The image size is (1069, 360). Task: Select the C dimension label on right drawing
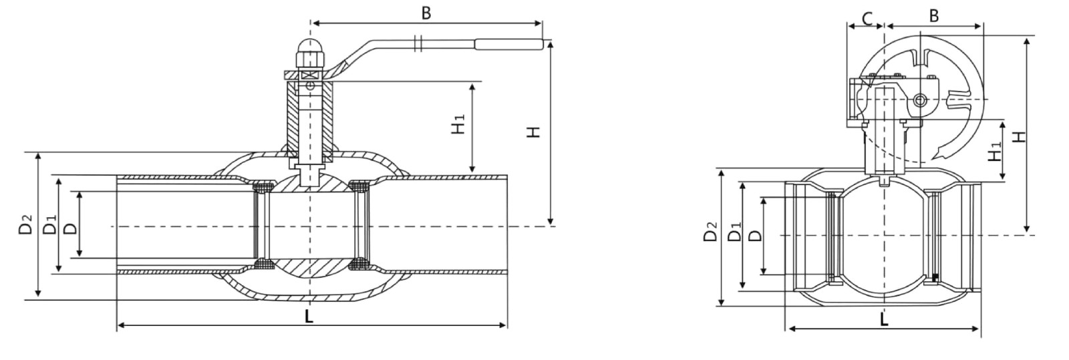pyautogui.click(x=866, y=17)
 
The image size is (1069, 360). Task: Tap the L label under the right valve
pyautogui.click(x=884, y=320)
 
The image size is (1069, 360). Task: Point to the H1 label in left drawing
pyautogui.click(x=458, y=126)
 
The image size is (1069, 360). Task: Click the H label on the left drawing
pyautogui.click(x=532, y=132)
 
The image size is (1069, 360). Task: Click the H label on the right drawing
pyautogui.click(x=1018, y=136)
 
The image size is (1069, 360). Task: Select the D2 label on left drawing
pyautogui.click(x=25, y=224)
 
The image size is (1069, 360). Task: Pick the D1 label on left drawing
pyautogui.click(x=49, y=225)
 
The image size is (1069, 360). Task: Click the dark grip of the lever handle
pyautogui.click(x=508, y=45)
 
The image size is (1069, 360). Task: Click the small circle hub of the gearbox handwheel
pyautogui.click(x=921, y=101)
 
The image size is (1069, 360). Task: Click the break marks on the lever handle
pyautogui.click(x=418, y=43)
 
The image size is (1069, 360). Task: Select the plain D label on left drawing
pyautogui.click(x=70, y=227)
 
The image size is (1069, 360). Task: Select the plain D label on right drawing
pyautogui.click(x=755, y=236)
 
